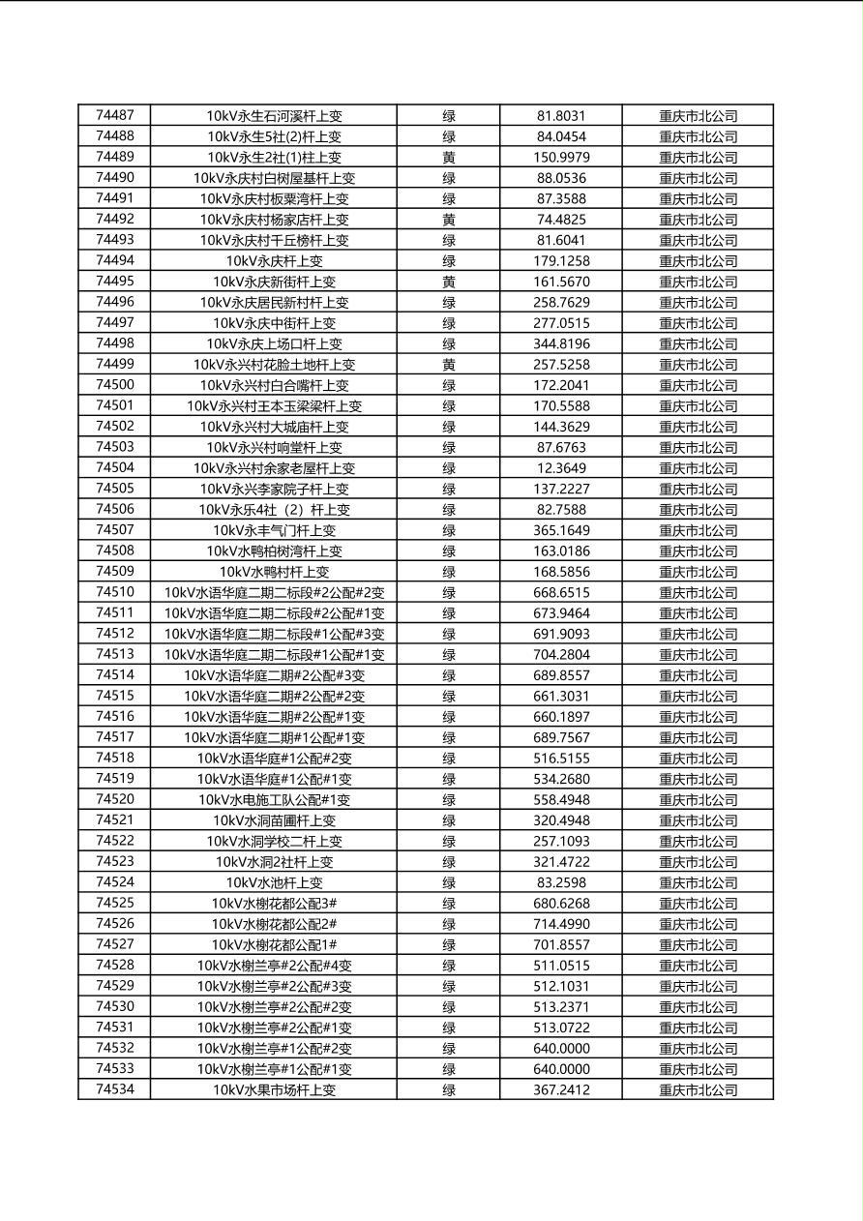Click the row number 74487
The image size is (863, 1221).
pos(115,115)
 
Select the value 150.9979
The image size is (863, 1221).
pos(561,157)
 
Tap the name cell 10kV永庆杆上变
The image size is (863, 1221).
pos(274,260)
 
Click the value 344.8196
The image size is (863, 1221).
pos(561,343)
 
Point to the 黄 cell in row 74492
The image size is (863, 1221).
pos(449,220)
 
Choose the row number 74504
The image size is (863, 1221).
pos(115,468)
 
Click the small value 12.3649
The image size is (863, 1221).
pos(561,468)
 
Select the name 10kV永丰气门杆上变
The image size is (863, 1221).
pos(274,530)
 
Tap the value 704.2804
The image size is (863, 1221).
pos(561,655)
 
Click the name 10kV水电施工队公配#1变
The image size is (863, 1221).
pos(274,800)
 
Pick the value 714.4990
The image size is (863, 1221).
pos(561,924)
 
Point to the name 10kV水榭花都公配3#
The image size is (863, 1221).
pos(274,904)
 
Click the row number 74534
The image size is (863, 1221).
pos(115,1089)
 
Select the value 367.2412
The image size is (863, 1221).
pos(561,1089)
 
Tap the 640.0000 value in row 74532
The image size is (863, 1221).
pos(561,1049)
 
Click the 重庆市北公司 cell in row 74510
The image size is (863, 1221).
pos(698,593)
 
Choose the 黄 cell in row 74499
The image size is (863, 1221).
pos(449,365)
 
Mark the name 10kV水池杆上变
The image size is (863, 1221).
pos(274,882)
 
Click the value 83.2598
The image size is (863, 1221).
pos(561,882)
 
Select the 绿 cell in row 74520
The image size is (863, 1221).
pos(449,800)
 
